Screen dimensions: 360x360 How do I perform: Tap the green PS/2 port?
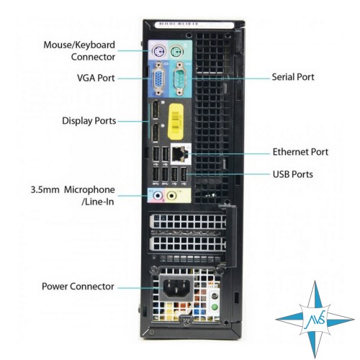click(177, 52)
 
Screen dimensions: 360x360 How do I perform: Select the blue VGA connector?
click(158, 78)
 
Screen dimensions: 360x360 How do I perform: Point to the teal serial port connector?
click(179, 78)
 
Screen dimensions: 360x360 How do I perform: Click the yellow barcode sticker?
click(176, 122)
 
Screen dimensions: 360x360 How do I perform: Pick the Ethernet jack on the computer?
click(179, 153)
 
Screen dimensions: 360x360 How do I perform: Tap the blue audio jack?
click(158, 196)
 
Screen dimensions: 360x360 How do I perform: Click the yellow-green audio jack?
click(171, 196)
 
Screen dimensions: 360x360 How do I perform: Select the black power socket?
click(176, 287)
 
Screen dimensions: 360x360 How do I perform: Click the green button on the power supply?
click(215, 307)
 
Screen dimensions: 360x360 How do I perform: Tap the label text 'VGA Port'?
click(96, 78)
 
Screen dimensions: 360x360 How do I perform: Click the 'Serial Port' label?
click(293, 77)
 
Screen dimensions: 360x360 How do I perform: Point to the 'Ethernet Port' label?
click(300, 152)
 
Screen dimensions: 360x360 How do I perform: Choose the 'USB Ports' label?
click(293, 174)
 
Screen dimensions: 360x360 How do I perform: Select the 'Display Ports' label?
click(89, 121)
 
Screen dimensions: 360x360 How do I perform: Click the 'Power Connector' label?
click(78, 287)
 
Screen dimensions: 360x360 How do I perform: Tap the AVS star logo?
click(315, 320)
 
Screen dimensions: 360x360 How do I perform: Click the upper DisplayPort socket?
click(156, 109)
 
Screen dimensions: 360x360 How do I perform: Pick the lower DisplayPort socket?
click(156, 132)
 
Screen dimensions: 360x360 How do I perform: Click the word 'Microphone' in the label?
click(89, 190)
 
